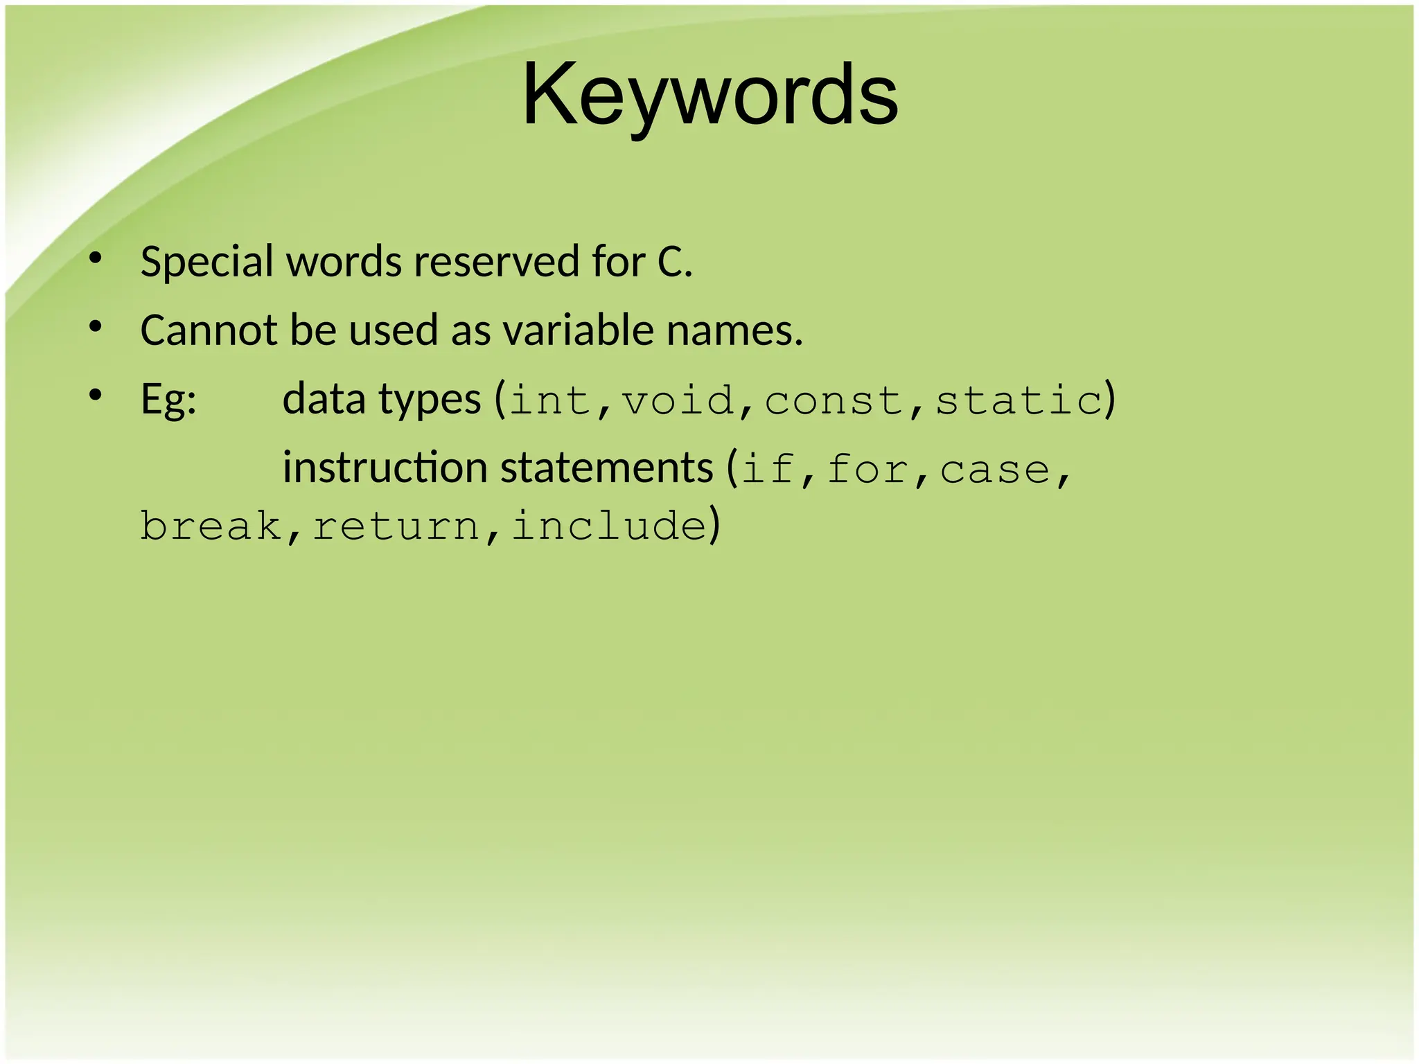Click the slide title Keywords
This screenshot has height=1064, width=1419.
tap(709, 96)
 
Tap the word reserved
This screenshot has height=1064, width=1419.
tap(495, 263)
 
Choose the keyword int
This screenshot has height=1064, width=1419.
tap(550, 401)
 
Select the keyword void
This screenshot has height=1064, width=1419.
tap(678, 401)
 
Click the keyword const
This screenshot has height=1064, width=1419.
tap(834, 401)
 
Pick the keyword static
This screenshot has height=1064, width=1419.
tap(1019, 401)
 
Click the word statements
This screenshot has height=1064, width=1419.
tap(606, 469)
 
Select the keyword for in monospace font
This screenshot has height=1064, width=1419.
tap(867, 470)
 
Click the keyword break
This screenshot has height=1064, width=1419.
tap(211, 526)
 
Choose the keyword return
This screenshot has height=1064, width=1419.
tap(396, 527)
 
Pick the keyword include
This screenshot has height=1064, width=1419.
tap(609, 526)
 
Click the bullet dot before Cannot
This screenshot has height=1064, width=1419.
tap(96, 326)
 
